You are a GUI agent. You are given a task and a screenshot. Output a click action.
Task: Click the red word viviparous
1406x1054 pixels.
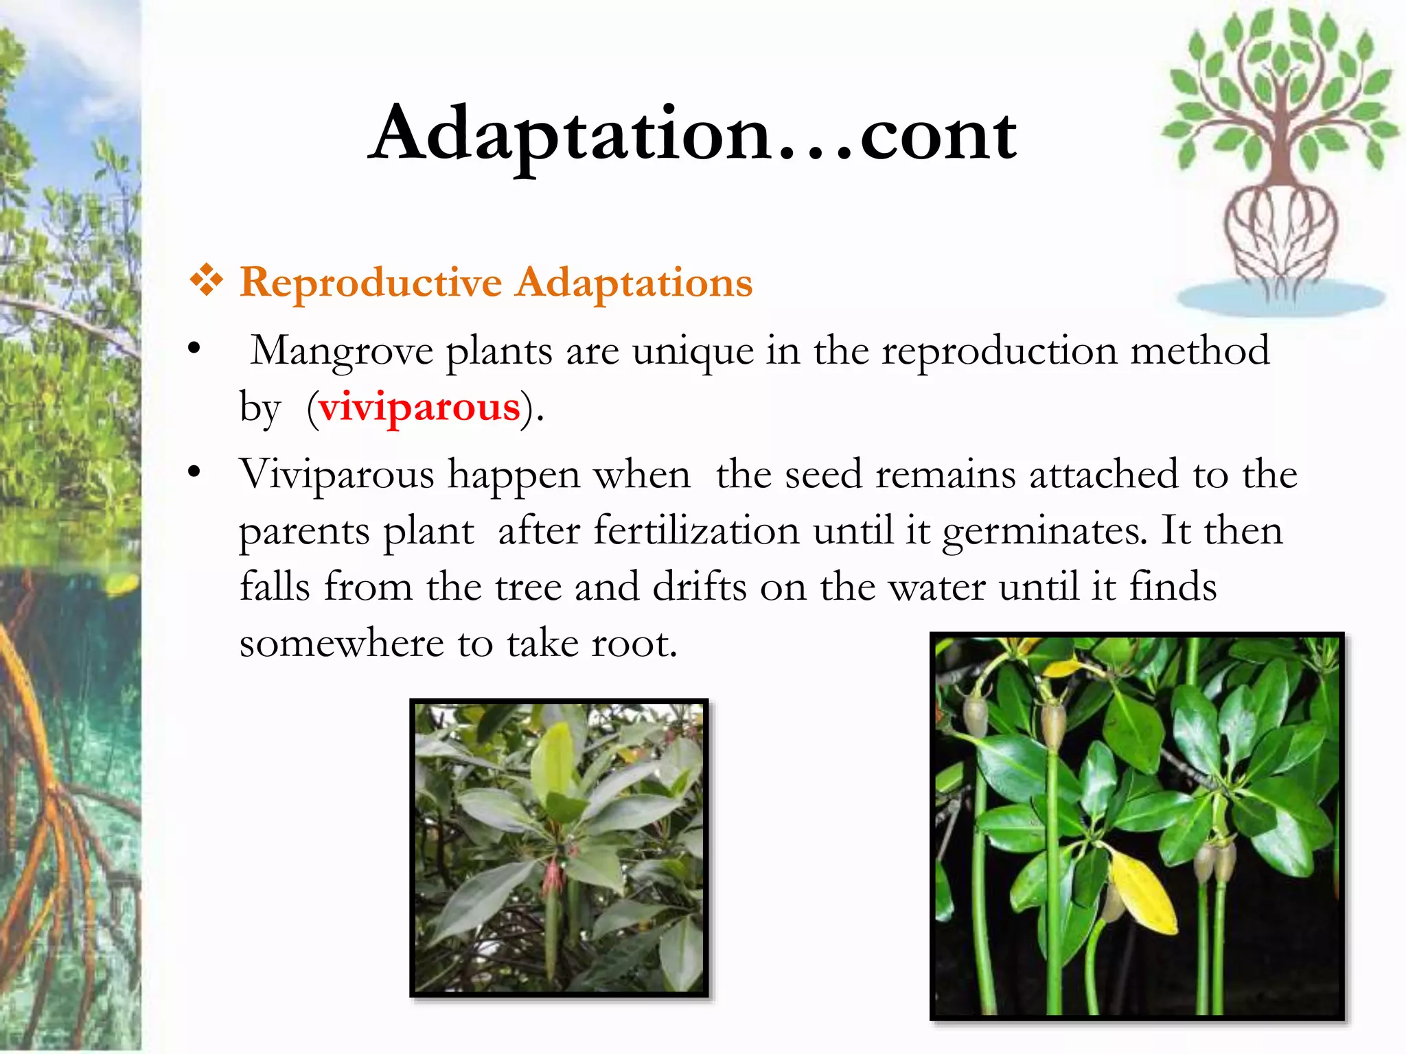pos(419,407)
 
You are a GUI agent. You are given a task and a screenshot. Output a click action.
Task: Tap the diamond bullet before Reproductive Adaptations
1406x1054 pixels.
pos(206,281)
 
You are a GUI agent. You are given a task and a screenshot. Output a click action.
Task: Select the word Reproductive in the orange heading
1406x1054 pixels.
pos(371,283)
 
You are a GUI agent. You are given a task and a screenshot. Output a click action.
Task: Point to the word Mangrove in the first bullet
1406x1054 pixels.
pos(342,351)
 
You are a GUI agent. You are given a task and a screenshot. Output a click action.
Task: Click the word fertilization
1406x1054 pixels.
pos(696,531)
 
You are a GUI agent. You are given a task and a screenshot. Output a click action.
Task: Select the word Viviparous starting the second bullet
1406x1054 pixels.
pos(336,475)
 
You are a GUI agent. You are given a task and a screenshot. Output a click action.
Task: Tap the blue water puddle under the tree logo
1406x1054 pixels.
pos(1281,299)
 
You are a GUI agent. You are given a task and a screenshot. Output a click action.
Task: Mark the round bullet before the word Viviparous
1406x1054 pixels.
pos(194,472)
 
